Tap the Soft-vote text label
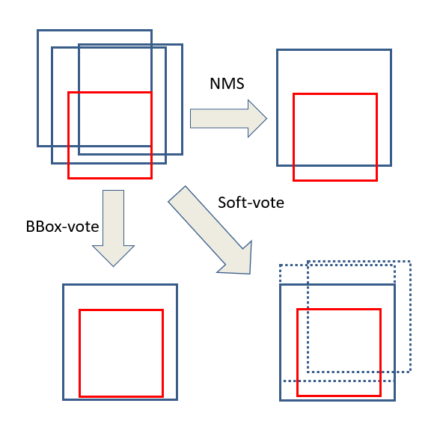click(x=251, y=202)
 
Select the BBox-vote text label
click(x=62, y=226)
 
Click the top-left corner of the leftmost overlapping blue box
click(x=38, y=31)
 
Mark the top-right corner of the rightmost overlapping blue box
click(x=182, y=45)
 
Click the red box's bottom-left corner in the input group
click(x=69, y=178)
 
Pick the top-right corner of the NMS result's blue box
click(x=391, y=50)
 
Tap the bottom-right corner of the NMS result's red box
click(x=376, y=180)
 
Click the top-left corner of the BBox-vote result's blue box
click(x=64, y=285)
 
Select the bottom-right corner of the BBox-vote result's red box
click(x=162, y=396)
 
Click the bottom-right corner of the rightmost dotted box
click(x=410, y=371)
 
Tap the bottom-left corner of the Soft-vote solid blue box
click(x=281, y=400)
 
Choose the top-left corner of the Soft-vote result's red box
click(x=298, y=309)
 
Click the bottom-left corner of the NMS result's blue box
click(x=278, y=165)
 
